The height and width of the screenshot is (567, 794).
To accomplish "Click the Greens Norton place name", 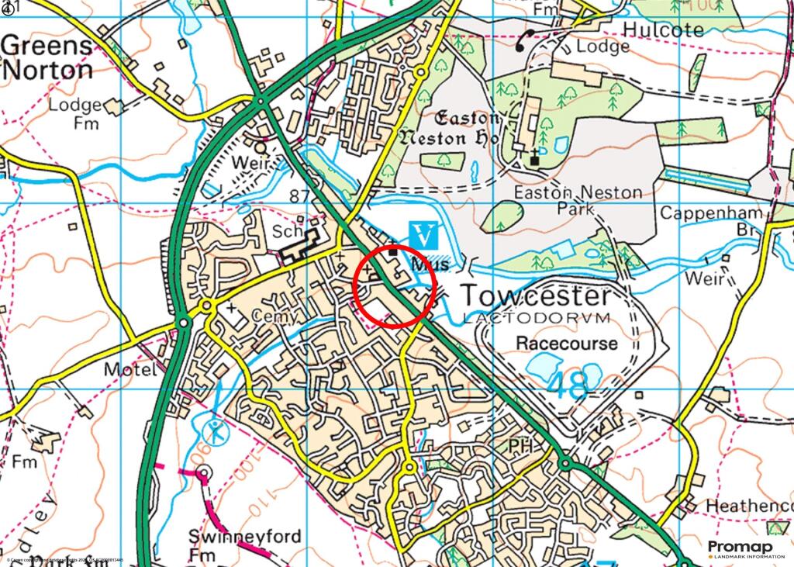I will point(47,58).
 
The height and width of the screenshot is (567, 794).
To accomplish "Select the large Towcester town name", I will point(536,296).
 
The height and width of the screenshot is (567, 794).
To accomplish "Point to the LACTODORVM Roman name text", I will point(536,318).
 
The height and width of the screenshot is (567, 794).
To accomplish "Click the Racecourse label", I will point(567,343).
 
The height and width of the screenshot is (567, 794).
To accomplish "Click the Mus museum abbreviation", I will point(432,264).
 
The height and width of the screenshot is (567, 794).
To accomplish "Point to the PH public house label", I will point(520,446).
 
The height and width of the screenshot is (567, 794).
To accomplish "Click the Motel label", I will point(129,371).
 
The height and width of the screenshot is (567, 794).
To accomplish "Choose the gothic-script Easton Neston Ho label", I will point(451,128).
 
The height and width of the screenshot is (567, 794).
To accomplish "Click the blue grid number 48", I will point(567,386).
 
